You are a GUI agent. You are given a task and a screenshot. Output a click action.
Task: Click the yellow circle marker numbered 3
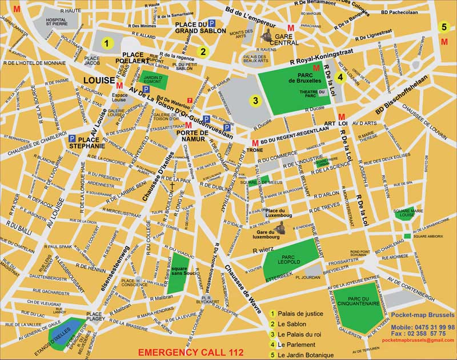coord(256,101)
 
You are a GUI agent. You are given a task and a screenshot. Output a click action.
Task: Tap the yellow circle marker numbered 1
coord(105,42)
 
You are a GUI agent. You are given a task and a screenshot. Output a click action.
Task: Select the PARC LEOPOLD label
coord(289,259)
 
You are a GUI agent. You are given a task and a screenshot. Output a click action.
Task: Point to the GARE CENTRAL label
coord(283,39)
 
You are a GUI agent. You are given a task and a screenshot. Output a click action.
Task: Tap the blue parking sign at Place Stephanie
coord(73,138)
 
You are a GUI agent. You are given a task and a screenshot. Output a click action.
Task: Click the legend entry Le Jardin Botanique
coord(304,355)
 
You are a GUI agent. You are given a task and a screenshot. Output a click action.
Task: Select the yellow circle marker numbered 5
coord(444,26)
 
